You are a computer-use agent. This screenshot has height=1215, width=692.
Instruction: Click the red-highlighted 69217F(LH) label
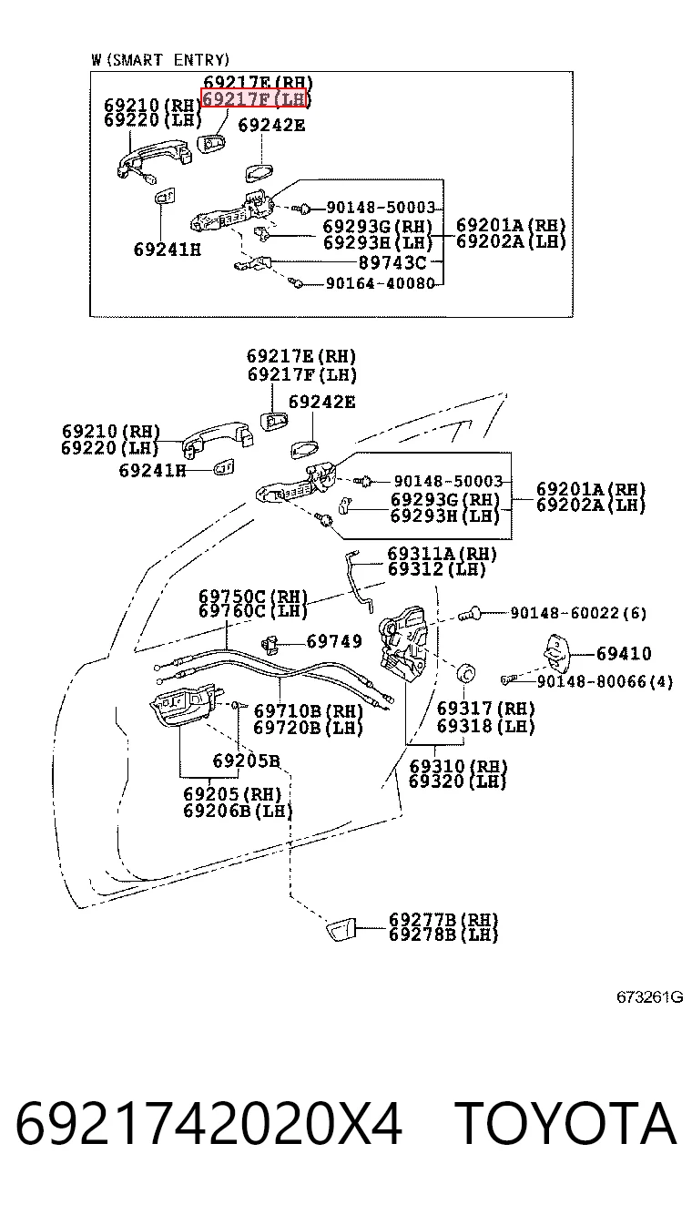(x=254, y=98)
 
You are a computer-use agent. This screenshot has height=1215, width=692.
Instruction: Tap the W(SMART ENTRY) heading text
(x=160, y=60)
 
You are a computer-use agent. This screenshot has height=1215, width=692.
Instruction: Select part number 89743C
(x=392, y=262)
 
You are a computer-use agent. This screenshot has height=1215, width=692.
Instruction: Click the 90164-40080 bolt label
(x=381, y=283)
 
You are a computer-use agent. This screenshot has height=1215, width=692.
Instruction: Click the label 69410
(x=624, y=654)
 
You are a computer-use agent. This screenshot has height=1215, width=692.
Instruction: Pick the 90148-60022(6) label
(x=578, y=613)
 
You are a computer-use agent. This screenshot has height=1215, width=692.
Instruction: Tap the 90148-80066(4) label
(x=605, y=681)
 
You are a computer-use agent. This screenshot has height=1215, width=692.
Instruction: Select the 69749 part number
(x=334, y=642)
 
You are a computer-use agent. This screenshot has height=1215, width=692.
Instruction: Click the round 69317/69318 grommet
(x=466, y=673)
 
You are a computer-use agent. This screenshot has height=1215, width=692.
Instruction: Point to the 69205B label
(x=246, y=761)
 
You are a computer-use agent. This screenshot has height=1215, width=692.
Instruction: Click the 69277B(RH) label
(x=443, y=919)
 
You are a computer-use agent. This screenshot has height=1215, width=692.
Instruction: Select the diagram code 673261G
(x=650, y=997)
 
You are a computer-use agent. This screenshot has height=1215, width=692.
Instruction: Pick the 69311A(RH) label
(x=442, y=554)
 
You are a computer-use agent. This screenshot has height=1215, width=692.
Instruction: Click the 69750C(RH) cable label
(x=253, y=596)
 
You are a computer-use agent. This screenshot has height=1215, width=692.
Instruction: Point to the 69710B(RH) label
(x=308, y=710)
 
